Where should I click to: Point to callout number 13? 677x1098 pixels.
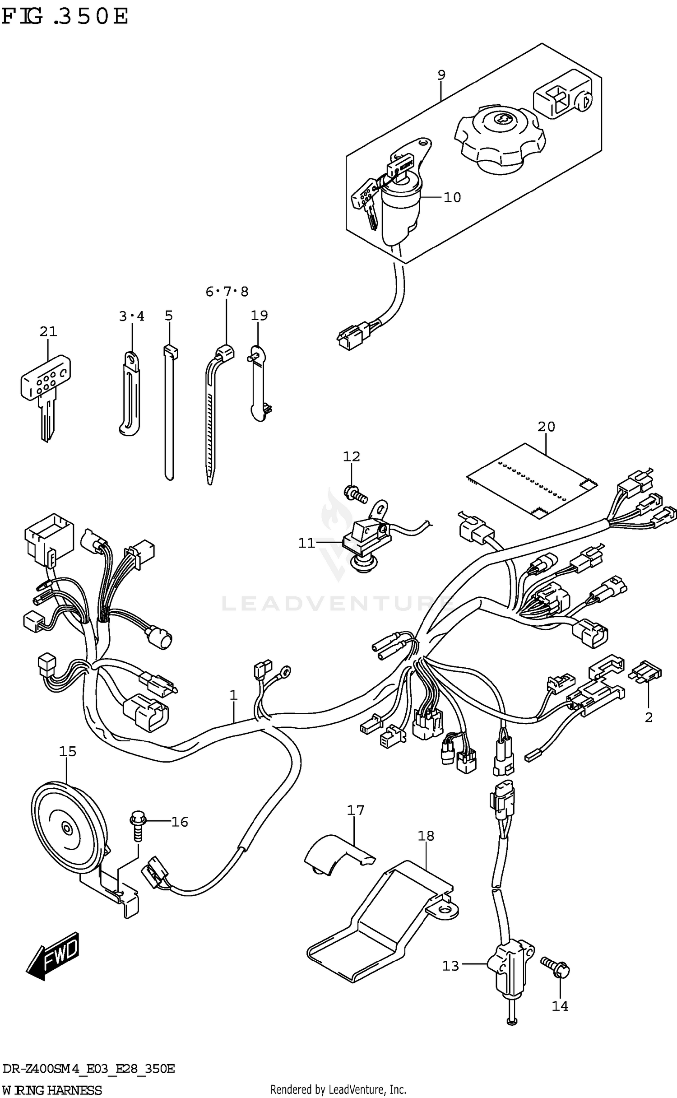[x=450, y=966]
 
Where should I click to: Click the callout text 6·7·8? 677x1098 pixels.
[x=227, y=292]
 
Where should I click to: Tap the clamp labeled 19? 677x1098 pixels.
[x=259, y=384]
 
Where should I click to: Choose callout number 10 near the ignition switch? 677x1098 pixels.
[x=452, y=197]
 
